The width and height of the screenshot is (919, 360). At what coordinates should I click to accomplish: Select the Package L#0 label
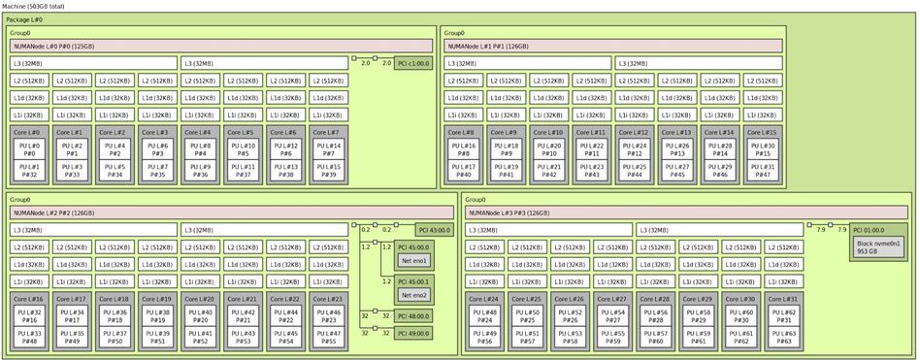click(x=24, y=19)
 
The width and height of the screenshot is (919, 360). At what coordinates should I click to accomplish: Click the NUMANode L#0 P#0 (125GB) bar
click(x=221, y=46)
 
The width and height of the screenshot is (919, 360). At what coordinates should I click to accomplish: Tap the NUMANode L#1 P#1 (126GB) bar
click(x=613, y=46)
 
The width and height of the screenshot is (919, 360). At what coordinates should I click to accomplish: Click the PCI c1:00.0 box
click(x=412, y=63)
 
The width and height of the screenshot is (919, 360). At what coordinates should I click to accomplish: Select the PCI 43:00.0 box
click(x=434, y=230)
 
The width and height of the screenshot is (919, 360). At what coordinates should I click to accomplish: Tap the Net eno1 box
click(x=413, y=261)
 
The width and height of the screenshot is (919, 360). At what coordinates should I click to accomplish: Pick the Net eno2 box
click(x=413, y=295)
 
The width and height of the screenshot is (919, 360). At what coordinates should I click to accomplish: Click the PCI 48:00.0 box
click(x=413, y=315)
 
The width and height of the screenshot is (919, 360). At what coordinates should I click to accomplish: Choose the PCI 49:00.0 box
click(x=413, y=332)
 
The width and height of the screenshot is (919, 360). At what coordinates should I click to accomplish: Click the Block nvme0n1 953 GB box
click(x=878, y=247)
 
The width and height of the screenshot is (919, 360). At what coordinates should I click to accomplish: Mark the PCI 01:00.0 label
click(x=871, y=231)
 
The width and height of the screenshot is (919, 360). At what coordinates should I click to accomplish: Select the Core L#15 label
click(x=762, y=132)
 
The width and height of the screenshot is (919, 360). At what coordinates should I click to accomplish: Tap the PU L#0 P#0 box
click(x=29, y=149)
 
